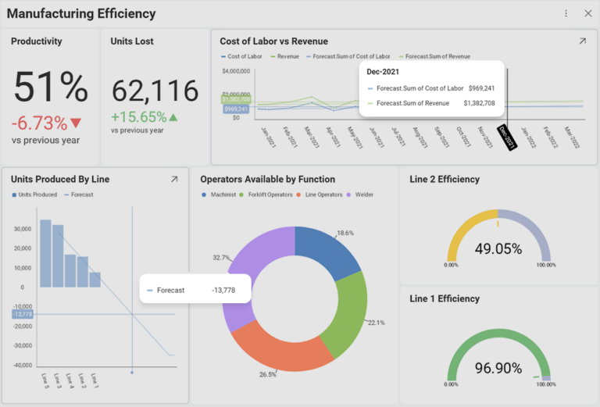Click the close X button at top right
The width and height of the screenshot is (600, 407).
tap(587, 13)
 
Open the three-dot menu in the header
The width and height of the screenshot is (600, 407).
tap(566, 13)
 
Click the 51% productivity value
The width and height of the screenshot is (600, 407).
tap(51, 87)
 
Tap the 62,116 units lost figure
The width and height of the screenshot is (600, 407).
tap(155, 91)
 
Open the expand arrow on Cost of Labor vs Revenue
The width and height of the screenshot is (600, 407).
tap(582, 41)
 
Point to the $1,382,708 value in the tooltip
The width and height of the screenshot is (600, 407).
tap(479, 103)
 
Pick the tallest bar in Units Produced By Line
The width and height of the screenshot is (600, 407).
tap(45, 254)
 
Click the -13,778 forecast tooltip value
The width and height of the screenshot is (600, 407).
tap(223, 290)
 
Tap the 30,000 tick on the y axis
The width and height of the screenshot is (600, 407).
tap(22, 229)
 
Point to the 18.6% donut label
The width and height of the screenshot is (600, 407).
tap(345, 234)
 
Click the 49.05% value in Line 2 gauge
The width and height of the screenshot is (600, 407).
tap(498, 248)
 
